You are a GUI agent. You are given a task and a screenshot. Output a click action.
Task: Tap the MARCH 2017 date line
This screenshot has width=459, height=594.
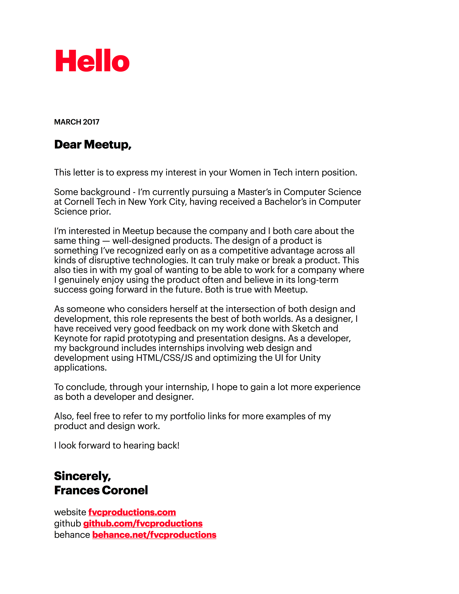[x=77, y=122]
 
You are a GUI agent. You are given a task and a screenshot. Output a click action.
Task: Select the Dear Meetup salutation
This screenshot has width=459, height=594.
[x=93, y=144]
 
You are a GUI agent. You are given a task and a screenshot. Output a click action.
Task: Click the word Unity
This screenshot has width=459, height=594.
[x=310, y=358]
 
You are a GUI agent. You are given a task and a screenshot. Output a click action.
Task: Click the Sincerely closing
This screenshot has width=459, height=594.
[x=82, y=476]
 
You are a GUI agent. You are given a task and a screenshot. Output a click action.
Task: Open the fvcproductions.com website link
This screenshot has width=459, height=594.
[x=132, y=512]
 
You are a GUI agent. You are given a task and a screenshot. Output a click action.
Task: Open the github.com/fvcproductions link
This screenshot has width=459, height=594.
[x=143, y=524]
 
